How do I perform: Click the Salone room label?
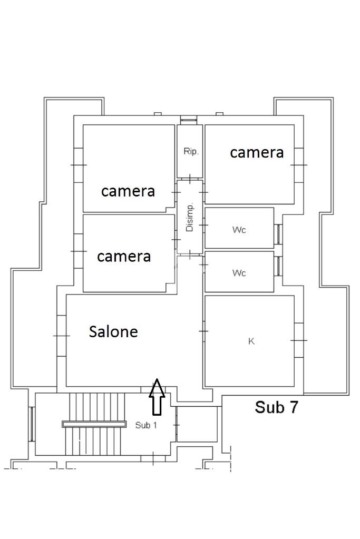[113, 331]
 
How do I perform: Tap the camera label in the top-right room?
[257, 152]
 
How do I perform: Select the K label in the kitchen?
[251, 341]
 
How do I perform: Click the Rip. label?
[191, 152]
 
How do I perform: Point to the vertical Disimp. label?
[190, 217]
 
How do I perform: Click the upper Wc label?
[239, 230]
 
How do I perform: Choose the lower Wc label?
[239, 273]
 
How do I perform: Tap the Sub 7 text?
[277, 407]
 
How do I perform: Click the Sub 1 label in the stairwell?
[146, 425]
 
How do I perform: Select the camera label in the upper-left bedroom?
[128, 191]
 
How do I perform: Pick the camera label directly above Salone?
[124, 256]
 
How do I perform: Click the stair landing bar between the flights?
[94, 424]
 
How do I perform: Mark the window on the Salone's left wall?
[61, 336]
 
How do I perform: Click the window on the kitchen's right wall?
[299, 340]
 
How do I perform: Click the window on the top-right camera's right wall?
[299, 165]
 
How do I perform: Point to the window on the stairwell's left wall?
[32, 424]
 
